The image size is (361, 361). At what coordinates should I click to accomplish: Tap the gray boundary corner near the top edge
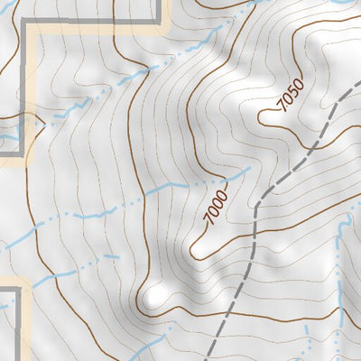tap(165, 22)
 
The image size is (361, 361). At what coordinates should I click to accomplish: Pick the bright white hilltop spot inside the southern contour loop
tap(155, 296)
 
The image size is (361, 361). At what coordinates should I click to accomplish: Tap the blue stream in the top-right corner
tap(343, 4)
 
